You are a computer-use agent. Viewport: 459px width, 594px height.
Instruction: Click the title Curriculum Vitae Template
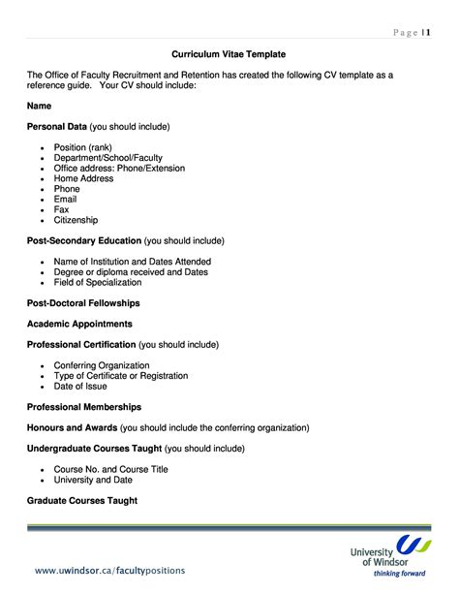click(x=229, y=54)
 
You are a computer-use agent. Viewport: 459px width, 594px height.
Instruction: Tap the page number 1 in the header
click(x=425, y=33)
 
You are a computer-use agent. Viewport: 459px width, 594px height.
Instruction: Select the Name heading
click(x=39, y=106)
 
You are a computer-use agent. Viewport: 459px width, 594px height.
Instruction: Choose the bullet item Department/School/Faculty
click(x=108, y=158)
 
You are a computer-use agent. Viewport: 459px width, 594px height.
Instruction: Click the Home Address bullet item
click(x=85, y=178)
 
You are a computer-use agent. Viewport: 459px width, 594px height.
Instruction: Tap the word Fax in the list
click(x=61, y=209)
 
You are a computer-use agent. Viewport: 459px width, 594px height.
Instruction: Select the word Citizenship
click(x=76, y=220)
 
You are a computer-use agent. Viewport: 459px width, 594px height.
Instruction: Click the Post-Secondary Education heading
click(x=83, y=241)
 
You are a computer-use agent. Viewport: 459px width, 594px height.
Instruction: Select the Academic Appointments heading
click(x=79, y=324)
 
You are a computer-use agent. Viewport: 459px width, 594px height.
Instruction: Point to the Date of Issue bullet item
click(x=80, y=386)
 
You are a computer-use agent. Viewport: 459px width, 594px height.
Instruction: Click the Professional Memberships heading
click(x=84, y=407)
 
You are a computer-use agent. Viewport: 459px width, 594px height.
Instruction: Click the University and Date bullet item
click(x=93, y=480)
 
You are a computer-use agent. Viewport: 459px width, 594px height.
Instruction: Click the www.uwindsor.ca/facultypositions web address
click(x=109, y=570)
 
